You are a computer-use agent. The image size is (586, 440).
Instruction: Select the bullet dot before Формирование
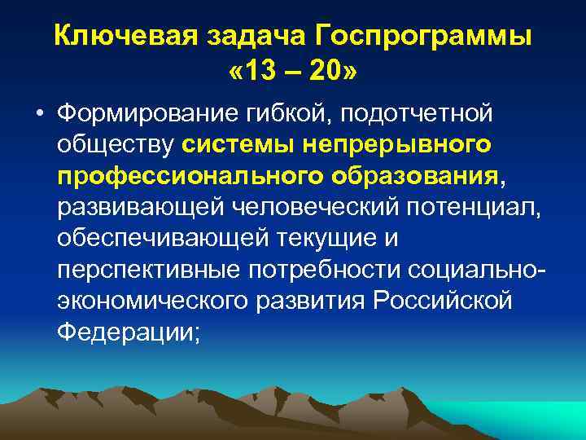[39, 114]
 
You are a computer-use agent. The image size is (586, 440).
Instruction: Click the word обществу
[116, 145]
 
